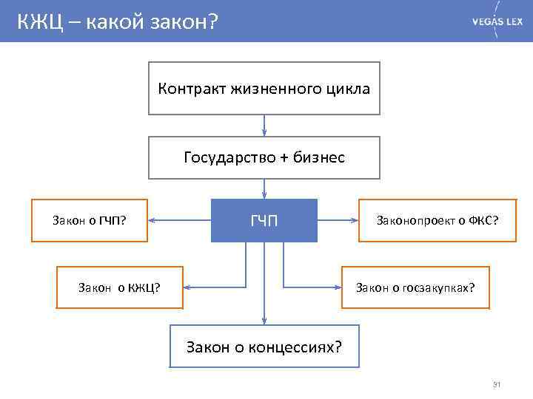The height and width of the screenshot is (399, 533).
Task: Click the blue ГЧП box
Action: pyautogui.click(x=264, y=220)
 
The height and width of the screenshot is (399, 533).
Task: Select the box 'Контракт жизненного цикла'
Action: pyautogui.click(x=264, y=89)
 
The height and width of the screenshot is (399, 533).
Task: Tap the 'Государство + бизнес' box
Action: pyautogui.click(x=264, y=157)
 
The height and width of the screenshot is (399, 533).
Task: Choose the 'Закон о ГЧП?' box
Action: pyautogui.click(x=88, y=220)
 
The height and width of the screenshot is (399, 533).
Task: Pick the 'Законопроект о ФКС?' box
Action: pyautogui.click(x=437, y=220)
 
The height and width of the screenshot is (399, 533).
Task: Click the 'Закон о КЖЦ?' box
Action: pyautogui.click(x=120, y=287)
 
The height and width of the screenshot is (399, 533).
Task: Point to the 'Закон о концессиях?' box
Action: pyautogui.click(x=264, y=346)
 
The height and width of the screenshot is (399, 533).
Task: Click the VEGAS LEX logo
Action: pyautogui.click(x=497, y=21)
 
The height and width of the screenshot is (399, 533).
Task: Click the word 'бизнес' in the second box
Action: pyautogui.click(x=318, y=157)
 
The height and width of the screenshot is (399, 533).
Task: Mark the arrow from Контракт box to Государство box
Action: pyautogui.click(x=264, y=125)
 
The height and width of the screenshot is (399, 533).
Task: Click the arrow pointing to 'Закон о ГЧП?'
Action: pyautogui.click(x=178, y=220)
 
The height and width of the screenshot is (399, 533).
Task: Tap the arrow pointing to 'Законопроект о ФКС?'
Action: pyautogui.click(x=338, y=220)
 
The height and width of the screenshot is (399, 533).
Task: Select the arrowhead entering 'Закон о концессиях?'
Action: pyautogui.click(x=264, y=320)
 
